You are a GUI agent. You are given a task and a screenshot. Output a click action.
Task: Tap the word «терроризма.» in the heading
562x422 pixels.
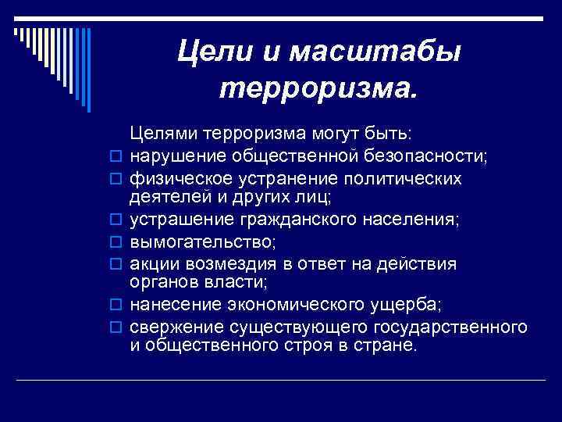click(319, 90)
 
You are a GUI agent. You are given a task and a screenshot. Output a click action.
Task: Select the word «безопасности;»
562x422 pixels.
click(423, 157)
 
